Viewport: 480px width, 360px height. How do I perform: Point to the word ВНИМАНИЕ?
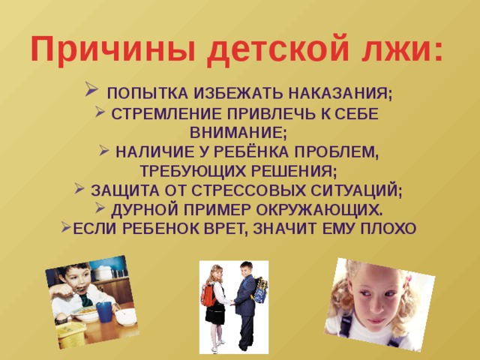click(x=238, y=133)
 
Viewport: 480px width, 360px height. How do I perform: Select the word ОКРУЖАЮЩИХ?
click(x=319, y=210)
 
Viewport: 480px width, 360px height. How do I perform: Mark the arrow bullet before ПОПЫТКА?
click(x=91, y=89)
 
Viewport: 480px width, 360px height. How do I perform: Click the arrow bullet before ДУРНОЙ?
click(x=100, y=208)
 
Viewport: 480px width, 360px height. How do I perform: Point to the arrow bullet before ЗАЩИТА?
click(x=79, y=188)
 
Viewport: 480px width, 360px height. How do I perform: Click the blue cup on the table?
click(x=104, y=312)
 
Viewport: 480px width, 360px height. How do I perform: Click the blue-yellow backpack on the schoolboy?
click(x=260, y=290)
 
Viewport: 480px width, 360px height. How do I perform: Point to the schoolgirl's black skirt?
click(x=214, y=315)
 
